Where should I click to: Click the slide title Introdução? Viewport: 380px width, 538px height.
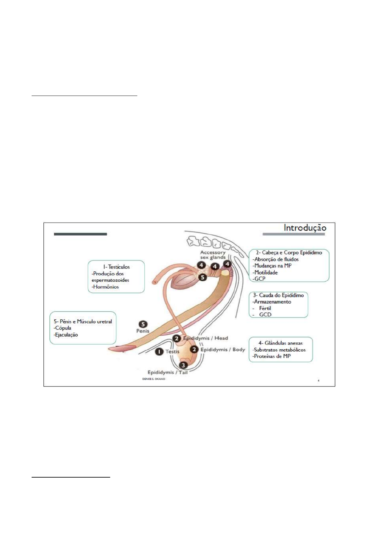pos(305,228)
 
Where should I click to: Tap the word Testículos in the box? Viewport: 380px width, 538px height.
pos(119,267)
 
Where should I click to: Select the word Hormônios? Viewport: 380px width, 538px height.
pos(106,287)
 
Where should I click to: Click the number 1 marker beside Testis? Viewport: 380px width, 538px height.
pos(159,352)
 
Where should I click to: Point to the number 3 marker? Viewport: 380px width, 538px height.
pos(183,365)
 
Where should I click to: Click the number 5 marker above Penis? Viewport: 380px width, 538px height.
pos(143,324)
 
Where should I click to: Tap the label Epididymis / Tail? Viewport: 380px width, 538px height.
pos(167,372)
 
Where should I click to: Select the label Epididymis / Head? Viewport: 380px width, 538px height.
pos(205,338)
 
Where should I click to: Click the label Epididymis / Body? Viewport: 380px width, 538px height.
pos(223,349)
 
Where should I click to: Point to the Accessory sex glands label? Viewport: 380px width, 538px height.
pos(213,255)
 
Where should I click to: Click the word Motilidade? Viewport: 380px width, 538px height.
pos(266,272)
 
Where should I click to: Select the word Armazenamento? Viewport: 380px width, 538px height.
pos(272,301)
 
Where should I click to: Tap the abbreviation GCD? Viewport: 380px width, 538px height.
pos(265,315)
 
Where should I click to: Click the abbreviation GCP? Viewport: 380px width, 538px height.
pos(260,279)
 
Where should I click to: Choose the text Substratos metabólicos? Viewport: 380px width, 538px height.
pos(279,350)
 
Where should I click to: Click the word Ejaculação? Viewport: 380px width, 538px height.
pos(66,335)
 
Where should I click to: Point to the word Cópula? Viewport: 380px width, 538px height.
pos(63,328)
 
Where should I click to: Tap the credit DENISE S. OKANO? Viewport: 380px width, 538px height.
pos(154,379)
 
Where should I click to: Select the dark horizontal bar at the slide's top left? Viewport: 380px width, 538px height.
pos(80,234)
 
